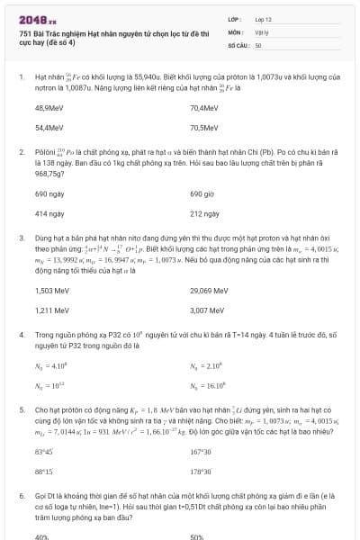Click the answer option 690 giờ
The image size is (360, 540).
(202, 193)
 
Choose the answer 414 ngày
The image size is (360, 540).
(47, 214)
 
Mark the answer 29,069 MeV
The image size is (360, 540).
(208, 291)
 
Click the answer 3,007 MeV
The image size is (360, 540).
(206, 310)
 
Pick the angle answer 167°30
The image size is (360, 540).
(201, 452)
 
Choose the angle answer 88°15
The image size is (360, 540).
(43, 471)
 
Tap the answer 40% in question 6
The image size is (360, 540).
(41, 536)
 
